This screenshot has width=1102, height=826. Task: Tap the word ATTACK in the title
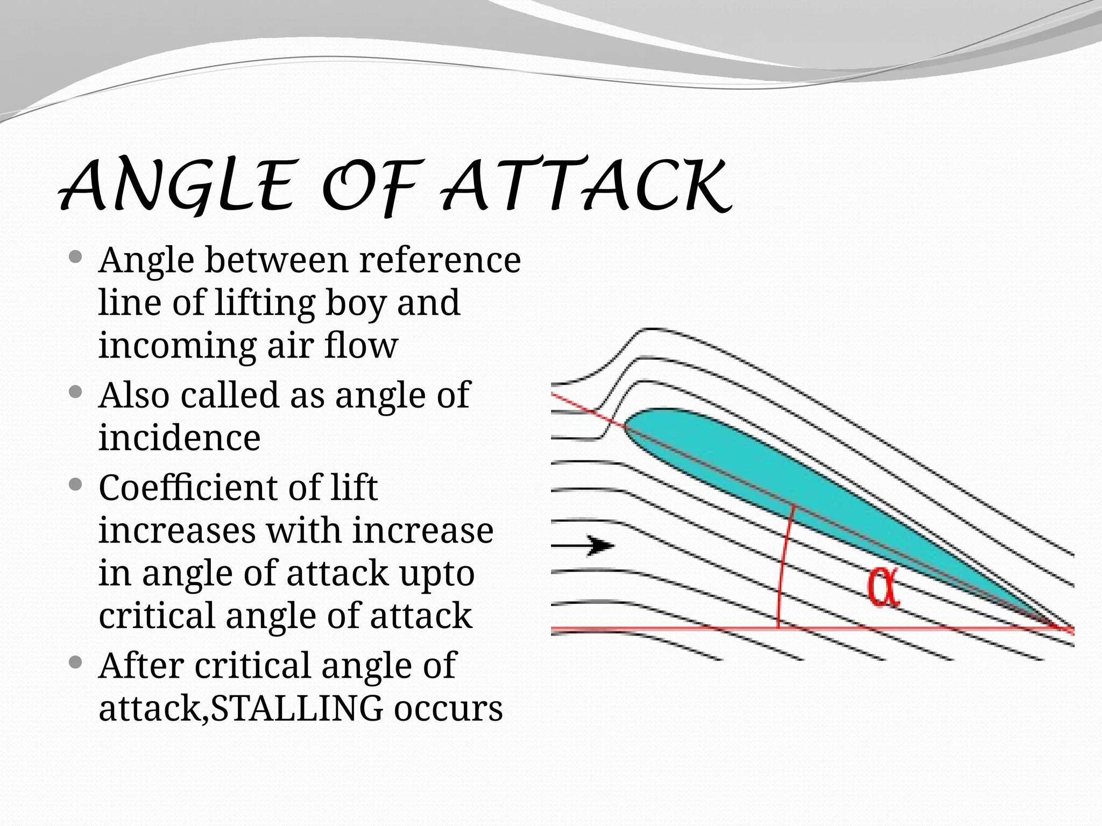point(587,186)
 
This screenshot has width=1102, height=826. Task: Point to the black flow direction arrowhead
point(600,545)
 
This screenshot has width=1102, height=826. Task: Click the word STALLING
point(296,708)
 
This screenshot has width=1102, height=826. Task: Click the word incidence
point(179,438)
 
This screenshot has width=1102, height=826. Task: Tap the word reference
point(440,260)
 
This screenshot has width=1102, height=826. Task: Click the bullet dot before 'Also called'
point(76,391)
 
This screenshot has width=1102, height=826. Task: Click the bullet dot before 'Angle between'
point(76,257)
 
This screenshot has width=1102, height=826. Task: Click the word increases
point(178,531)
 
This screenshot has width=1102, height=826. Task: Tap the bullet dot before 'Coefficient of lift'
point(76,485)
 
